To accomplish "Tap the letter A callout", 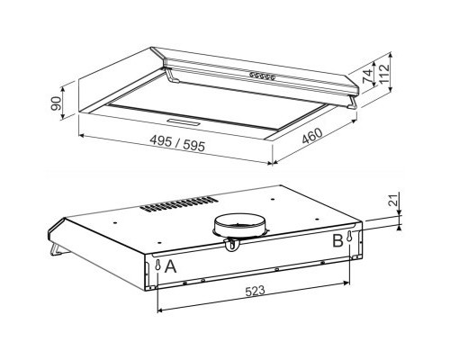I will tap(168, 268).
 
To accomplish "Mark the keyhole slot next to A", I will tap(157, 267).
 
